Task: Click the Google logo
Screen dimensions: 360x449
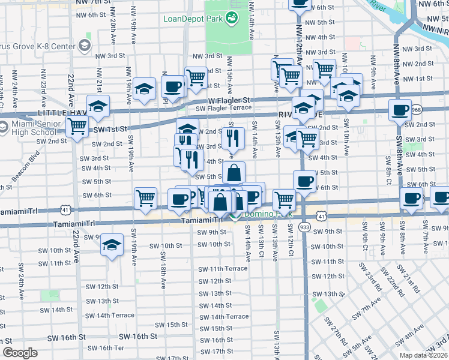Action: [x=20, y=353]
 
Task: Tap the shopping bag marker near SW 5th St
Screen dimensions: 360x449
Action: [x=234, y=173]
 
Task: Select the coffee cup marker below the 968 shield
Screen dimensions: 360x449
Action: [x=400, y=110]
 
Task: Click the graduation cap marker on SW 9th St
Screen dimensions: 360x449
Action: [x=112, y=245]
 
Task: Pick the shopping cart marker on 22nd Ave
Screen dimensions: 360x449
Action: [x=77, y=127]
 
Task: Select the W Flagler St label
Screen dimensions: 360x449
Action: [x=228, y=100]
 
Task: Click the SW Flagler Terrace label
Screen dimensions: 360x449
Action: [x=224, y=108]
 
